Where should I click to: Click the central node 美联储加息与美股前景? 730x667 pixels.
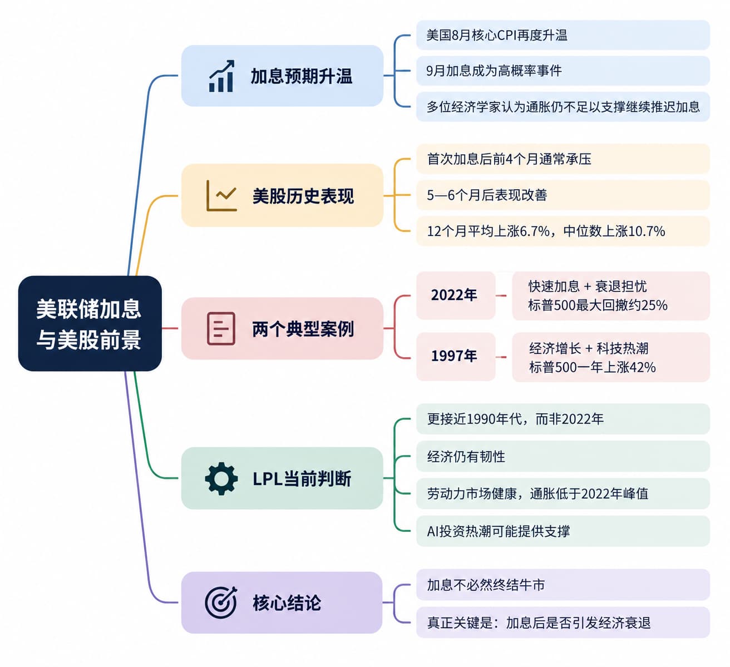click(x=90, y=324)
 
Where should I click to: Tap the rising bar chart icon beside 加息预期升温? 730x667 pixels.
click(x=221, y=76)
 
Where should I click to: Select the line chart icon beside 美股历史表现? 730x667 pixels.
click(x=221, y=195)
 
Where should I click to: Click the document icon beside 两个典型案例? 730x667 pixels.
click(x=221, y=328)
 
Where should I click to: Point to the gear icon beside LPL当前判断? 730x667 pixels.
click(x=221, y=478)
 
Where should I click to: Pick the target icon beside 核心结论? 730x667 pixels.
click(x=221, y=602)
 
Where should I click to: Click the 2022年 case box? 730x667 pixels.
click(x=456, y=295)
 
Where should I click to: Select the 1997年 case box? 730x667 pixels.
click(x=456, y=356)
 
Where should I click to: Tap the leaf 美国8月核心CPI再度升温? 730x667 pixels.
click(x=563, y=35)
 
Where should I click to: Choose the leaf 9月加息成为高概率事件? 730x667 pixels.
click(x=563, y=71)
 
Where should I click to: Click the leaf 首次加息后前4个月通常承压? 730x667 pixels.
click(x=563, y=159)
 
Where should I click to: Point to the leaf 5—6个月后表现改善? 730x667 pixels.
click(x=563, y=195)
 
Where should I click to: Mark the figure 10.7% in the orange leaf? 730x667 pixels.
click(x=647, y=231)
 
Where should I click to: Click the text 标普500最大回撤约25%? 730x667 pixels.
click(x=598, y=305)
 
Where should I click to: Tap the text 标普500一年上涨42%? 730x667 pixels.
click(x=592, y=367)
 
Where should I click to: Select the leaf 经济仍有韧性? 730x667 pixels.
click(x=563, y=456)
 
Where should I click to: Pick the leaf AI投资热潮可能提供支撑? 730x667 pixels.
click(x=563, y=531)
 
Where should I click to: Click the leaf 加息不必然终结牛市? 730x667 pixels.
click(x=563, y=585)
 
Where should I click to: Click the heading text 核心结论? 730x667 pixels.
click(x=287, y=603)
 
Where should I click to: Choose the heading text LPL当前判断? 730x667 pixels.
click(x=302, y=479)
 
